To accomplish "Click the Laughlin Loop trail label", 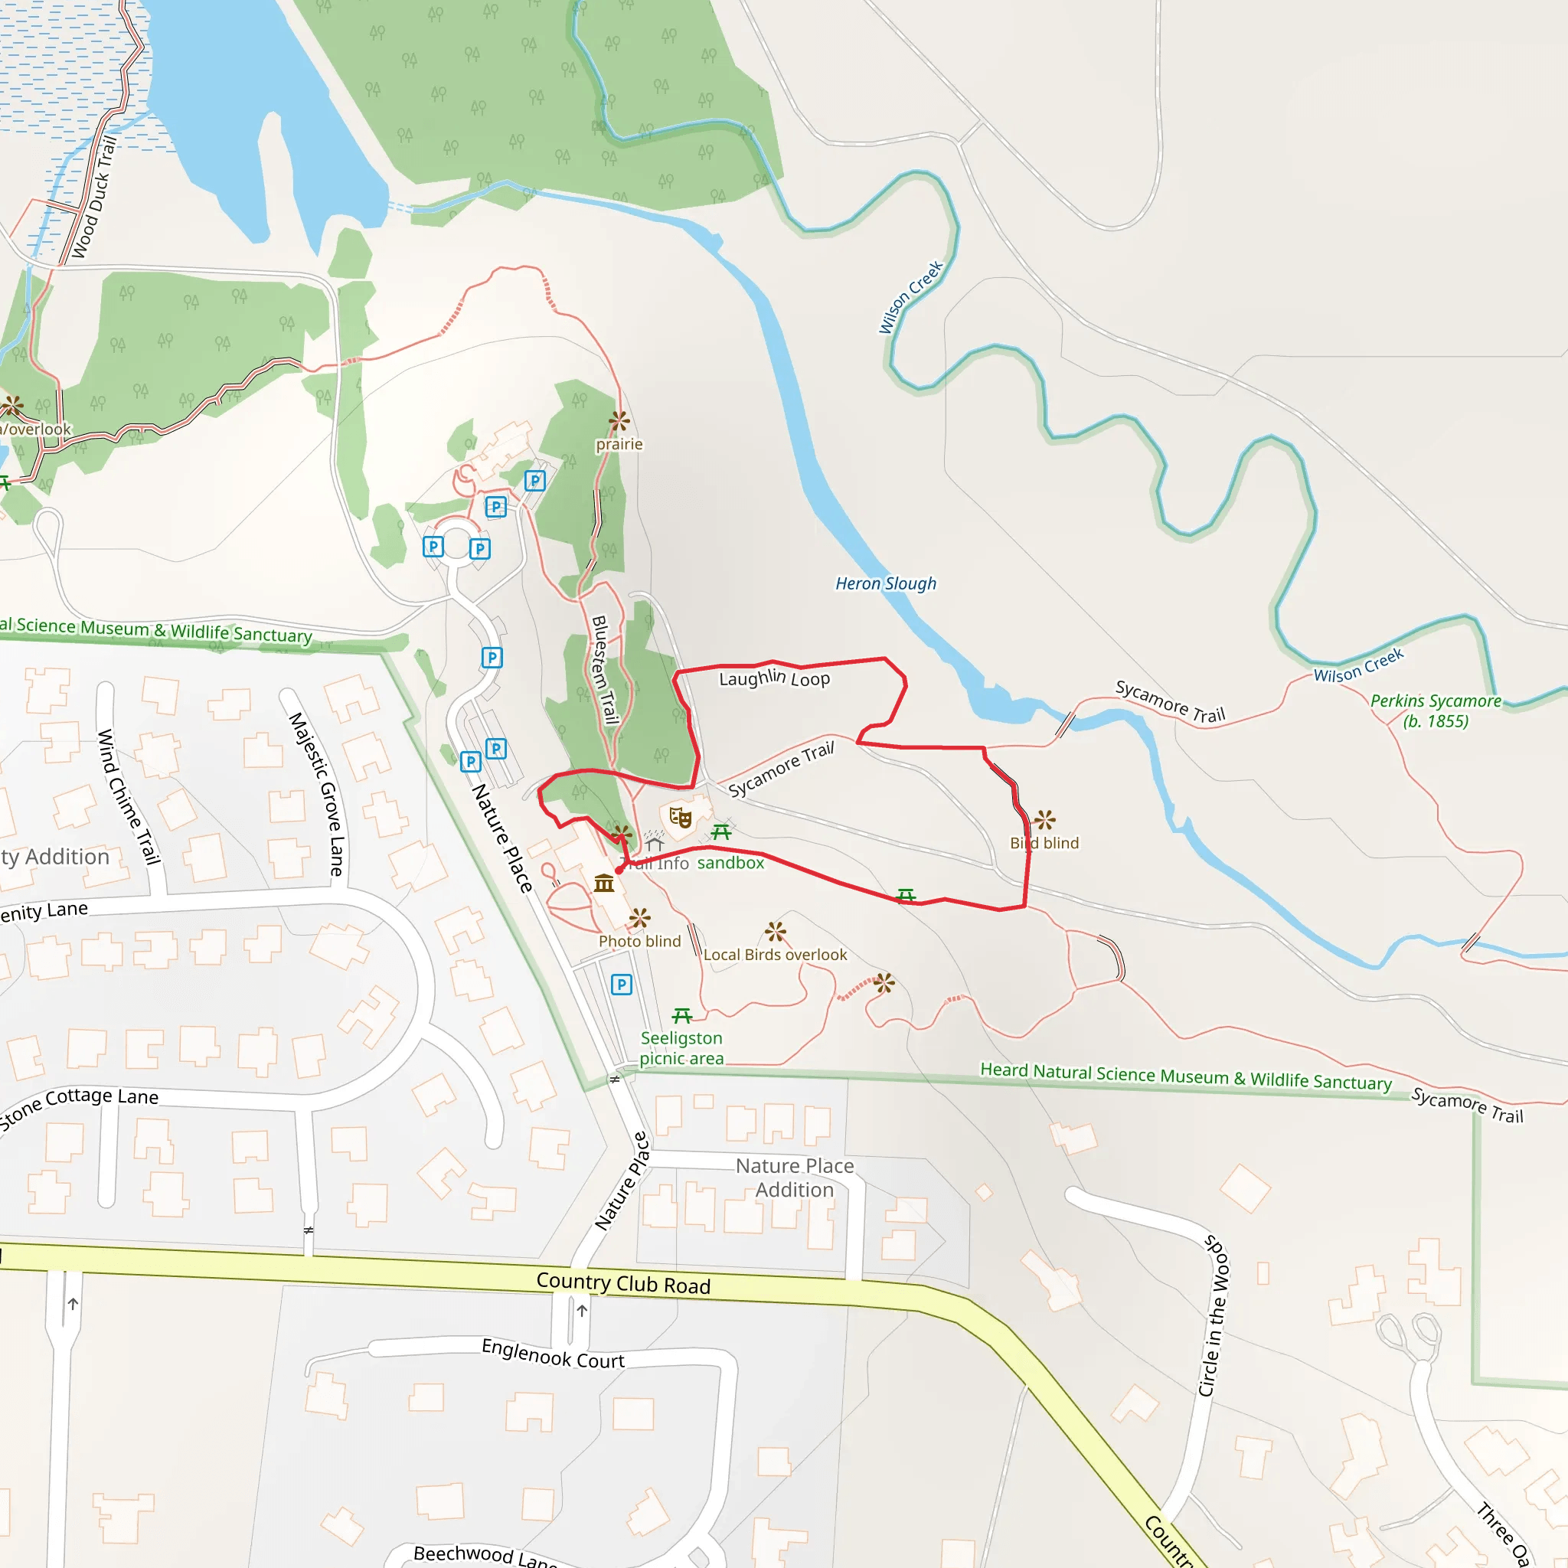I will click(x=774, y=678).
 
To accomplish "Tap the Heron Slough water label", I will click(x=886, y=583).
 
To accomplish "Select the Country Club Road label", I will click(x=623, y=1283).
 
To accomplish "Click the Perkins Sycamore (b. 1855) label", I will click(x=1435, y=711).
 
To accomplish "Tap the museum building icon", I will click(x=604, y=883).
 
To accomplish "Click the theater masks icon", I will click(x=680, y=817).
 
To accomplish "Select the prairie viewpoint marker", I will click(x=619, y=420).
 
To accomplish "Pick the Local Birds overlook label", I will click(x=774, y=955).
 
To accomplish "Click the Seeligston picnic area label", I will click(x=681, y=1048).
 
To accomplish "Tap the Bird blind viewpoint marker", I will click(x=1044, y=820).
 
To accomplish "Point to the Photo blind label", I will click(x=639, y=942).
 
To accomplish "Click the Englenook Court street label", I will click(x=553, y=1353).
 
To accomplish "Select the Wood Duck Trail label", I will click(x=94, y=198).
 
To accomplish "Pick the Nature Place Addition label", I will click(x=795, y=1178).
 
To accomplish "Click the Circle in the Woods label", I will click(x=1214, y=1315).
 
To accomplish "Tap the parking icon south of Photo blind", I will click(x=621, y=985).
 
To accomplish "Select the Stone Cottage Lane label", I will click(x=80, y=1106).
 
